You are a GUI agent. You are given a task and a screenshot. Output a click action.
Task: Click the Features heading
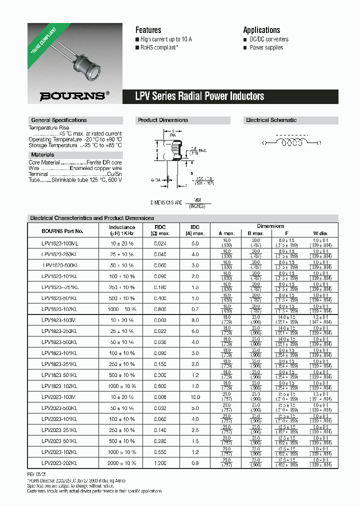click(x=148, y=30)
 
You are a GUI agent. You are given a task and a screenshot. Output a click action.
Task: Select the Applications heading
click(x=261, y=30)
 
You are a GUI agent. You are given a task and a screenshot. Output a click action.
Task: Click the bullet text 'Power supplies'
click(x=266, y=47)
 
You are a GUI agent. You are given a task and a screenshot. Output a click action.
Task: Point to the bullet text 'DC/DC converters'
click(x=269, y=39)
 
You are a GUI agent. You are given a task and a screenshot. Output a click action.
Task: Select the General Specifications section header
click(x=59, y=120)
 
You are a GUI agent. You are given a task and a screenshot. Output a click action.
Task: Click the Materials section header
click(x=42, y=154)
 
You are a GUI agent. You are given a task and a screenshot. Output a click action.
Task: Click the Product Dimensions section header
click(x=163, y=120)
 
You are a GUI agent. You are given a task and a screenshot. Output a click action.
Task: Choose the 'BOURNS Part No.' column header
click(x=62, y=231)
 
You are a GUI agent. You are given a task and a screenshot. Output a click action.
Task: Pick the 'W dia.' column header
click(x=319, y=233)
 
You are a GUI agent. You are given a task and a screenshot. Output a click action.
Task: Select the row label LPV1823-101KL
click(x=59, y=353)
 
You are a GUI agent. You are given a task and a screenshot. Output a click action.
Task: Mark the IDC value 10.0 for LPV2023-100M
click(x=195, y=397)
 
